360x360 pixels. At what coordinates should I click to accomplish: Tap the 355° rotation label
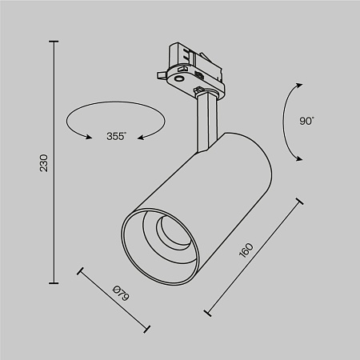[115, 136]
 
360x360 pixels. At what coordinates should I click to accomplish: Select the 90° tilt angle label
[307, 121]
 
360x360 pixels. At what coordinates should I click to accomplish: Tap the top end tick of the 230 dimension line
[54, 42]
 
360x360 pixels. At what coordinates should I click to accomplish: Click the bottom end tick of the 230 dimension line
[54, 282]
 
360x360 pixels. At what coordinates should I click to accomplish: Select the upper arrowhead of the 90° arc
[300, 84]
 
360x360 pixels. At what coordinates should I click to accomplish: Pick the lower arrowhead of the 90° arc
[301, 159]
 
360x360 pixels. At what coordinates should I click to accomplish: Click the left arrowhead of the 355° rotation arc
[82, 137]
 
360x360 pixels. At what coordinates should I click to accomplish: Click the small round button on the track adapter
[178, 78]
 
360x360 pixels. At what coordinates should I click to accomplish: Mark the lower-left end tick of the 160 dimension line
[208, 311]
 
